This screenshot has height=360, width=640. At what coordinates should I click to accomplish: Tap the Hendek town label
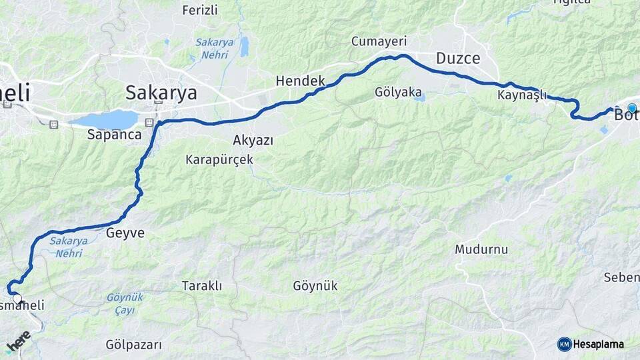point(300,81)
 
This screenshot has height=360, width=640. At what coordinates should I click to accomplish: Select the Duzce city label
point(458,58)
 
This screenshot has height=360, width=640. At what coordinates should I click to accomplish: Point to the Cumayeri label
point(379,41)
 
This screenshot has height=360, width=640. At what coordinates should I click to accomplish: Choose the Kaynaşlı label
point(522,95)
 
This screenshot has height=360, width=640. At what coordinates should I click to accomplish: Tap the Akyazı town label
point(253,140)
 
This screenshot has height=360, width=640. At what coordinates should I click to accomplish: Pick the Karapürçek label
point(219,160)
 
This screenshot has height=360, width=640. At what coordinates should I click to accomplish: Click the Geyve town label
point(125,233)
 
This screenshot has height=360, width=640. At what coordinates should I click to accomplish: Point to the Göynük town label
point(315,286)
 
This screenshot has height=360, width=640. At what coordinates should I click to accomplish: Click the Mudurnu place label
point(482,249)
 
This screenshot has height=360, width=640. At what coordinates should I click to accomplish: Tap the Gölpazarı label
point(134,345)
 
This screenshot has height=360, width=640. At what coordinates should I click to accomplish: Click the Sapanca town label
point(115,134)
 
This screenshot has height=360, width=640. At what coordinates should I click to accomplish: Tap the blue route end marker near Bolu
point(632,108)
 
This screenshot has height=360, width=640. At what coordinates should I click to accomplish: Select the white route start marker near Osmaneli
point(17,299)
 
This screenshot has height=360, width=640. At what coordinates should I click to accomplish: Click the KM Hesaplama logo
point(591,344)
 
